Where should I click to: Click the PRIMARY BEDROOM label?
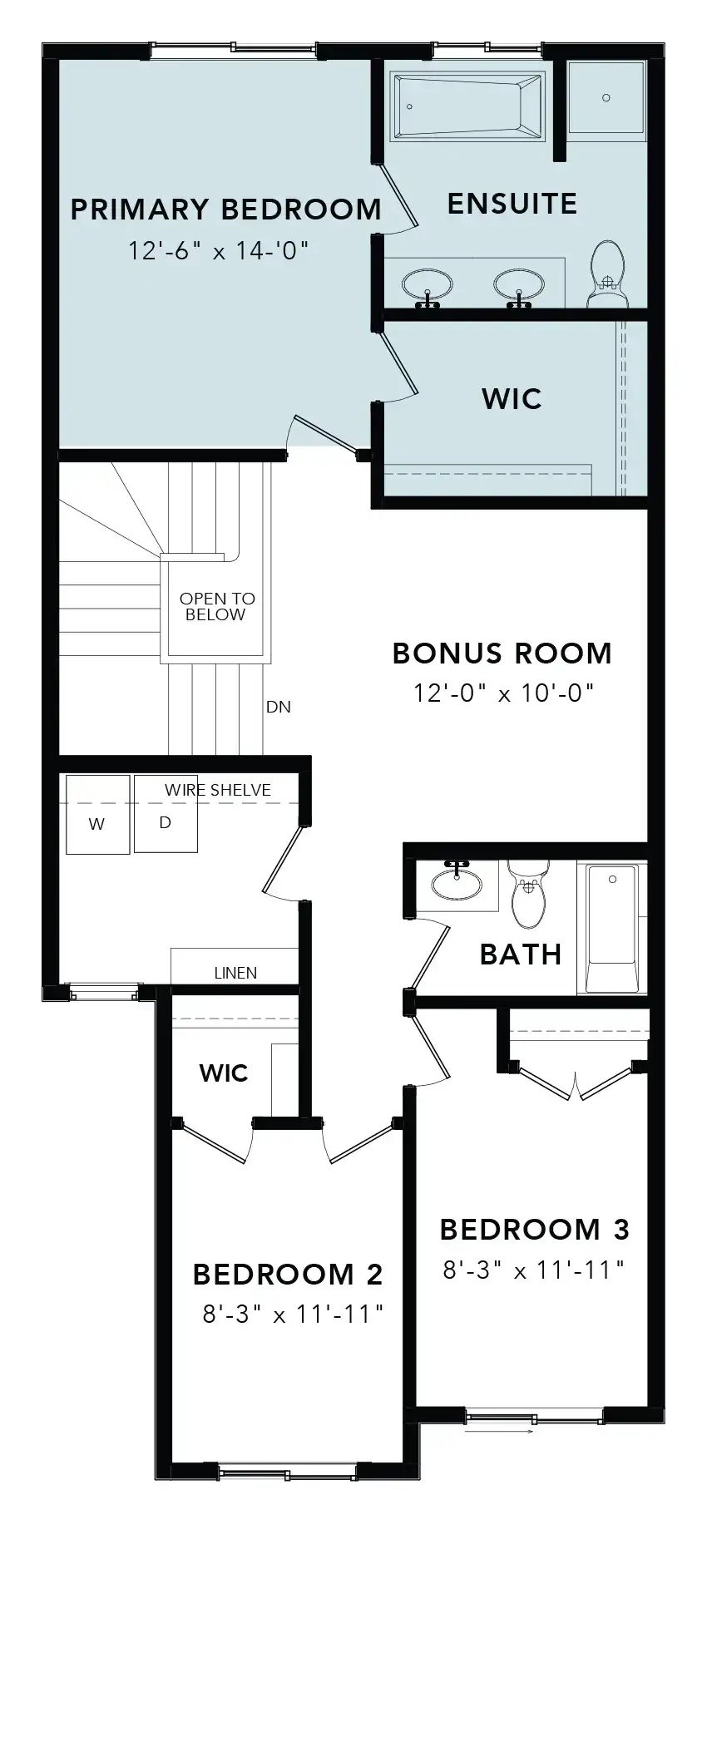(x=225, y=210)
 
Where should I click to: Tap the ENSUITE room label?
(x=512, y=205)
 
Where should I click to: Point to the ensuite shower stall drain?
(x=606, y=98)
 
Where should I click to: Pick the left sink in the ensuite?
(x=428, y=286)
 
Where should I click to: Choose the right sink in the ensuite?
(x=520, y=286)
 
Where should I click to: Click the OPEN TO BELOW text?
(x=217, y=607)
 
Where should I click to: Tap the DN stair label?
(x=279, y=708)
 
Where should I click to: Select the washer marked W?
(x=97, y=815)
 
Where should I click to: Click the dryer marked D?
(x=166, y=815)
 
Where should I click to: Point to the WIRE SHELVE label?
(x=218, y=791)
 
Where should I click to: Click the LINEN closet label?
(x=235, y=973)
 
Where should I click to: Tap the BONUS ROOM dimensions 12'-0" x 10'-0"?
(x=504, y=693)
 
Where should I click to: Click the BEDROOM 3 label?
(x=535, y=1230)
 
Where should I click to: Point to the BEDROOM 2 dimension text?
(x=293, y=1314)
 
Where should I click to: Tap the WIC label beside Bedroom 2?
(x=224, y=1073)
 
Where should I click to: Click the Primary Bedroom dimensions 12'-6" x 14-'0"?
(x=219, y=250)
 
